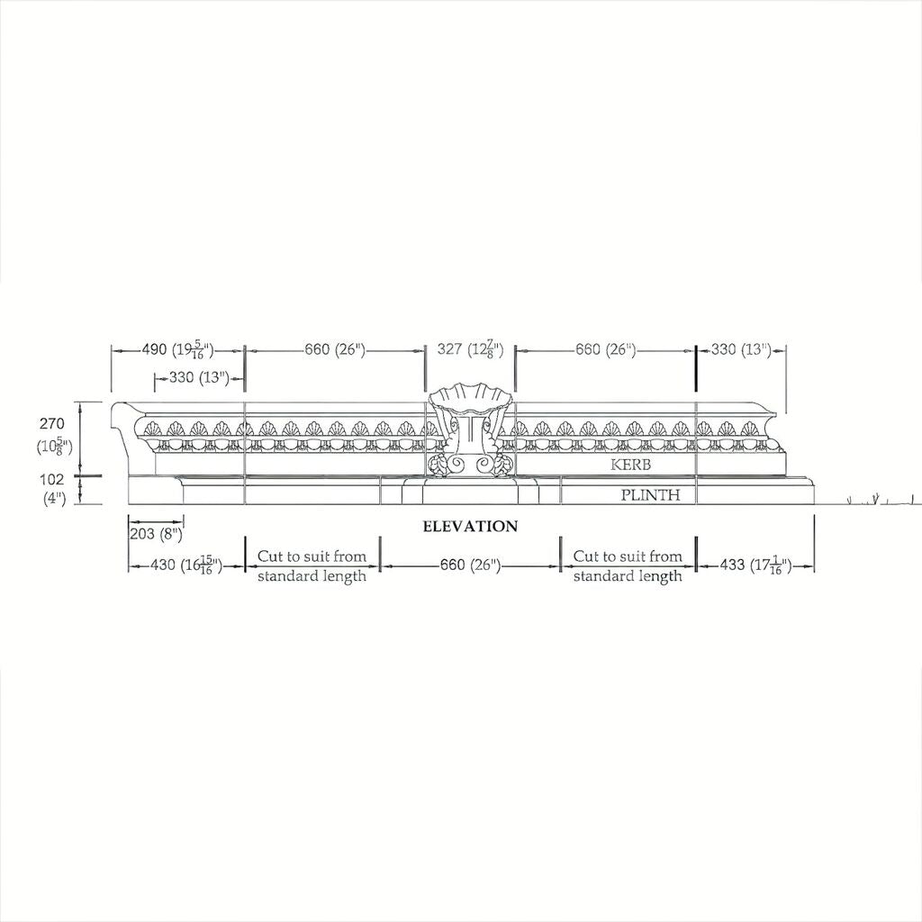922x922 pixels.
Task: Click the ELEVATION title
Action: [x=470, y=526]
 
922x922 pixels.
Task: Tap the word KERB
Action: [x=631, y=465]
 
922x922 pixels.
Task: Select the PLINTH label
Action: [x=650, y=494]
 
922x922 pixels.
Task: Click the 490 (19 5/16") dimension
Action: [x=177, y=350]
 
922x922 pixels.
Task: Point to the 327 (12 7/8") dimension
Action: [x=470, y=349]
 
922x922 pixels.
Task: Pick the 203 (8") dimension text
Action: [x=156, y=533]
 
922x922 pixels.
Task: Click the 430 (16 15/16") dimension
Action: [x=185, y=565]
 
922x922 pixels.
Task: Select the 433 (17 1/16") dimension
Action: [x=755, y=565]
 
